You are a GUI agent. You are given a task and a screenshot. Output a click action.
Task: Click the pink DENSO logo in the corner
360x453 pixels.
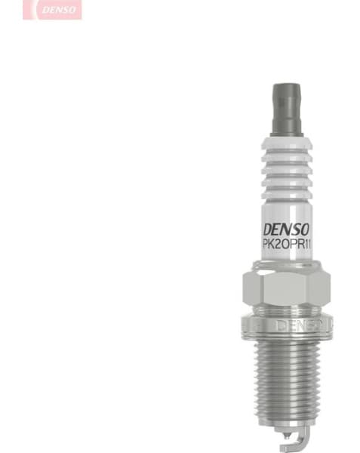pyautogui.click(x=52, y=9)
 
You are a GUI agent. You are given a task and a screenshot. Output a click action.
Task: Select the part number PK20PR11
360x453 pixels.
pyautogui.click(x=286, y=243)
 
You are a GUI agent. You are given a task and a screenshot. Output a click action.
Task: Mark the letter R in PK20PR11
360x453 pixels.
pyautogui.click(x=297, y=243)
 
